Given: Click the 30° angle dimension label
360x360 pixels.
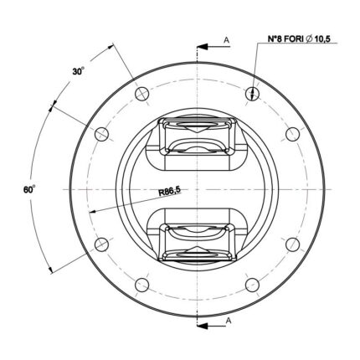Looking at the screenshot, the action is point(79,71).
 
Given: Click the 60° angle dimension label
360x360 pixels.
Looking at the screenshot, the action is point(29,189).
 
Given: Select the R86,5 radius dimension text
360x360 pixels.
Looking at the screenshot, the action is point(170,191).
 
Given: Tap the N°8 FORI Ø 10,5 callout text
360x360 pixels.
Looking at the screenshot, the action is point(299,39).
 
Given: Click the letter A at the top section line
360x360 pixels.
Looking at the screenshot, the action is point(227,40).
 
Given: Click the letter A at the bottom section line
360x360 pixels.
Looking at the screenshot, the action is point(229,321).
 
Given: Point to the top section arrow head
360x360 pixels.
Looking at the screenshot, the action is point(203,47).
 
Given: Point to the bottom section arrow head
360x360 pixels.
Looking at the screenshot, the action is point(203,326).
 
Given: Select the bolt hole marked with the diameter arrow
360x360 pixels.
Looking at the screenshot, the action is point(252,94).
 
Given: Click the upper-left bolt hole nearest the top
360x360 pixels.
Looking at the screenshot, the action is point(142,94).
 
